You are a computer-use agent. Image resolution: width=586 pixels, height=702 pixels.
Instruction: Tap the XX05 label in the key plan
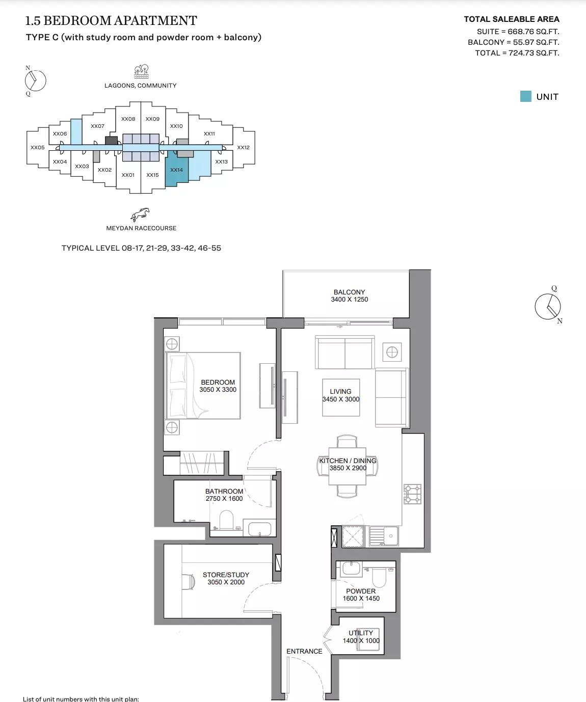(x=37, y=148)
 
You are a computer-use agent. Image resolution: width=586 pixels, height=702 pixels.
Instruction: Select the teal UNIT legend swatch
(x=525, y=96)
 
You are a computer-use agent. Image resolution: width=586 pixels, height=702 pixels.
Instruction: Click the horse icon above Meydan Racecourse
(x=141, y=214)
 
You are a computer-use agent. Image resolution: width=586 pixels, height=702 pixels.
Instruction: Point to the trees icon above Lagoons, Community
(x=141, y=71)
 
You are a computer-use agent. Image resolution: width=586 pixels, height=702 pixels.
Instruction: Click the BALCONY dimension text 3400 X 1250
(x=349, y=300)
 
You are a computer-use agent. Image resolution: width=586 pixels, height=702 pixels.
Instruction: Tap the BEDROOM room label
(x=218, y=382)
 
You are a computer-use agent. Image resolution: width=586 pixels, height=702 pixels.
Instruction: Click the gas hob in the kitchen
(x=413, y=493)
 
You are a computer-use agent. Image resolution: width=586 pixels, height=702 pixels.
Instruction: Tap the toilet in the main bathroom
(x=226, y=521)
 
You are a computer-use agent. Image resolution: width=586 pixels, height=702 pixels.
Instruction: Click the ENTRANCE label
(x=304, y=651)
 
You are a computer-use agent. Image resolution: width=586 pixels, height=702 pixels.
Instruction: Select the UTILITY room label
(x=361, y=633)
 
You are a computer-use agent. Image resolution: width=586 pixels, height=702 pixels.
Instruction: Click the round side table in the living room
(x=391, y=352)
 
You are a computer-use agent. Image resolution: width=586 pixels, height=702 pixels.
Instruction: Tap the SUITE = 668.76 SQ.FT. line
(x=518, y=32)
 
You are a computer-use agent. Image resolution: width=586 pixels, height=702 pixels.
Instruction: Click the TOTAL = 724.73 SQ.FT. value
(x=517, y=53)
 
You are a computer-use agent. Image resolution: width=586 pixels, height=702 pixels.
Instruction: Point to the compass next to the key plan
(x=35, y=80)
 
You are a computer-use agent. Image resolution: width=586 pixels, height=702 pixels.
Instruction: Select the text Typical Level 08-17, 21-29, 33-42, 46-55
(x=141, y=248)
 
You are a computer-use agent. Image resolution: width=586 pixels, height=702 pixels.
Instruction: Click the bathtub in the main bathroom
(x=259, y=529)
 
